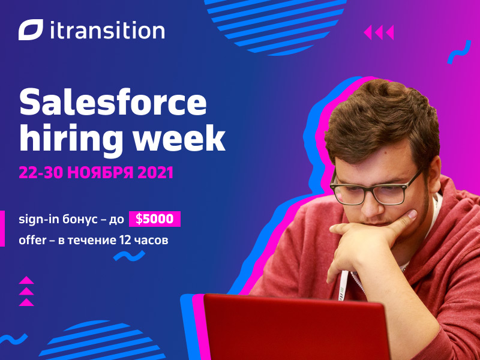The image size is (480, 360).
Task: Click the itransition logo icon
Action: [31, 29]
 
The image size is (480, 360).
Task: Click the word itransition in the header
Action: [107, 30]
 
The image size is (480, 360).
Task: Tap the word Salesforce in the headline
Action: [113, 102]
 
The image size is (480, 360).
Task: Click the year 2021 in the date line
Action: [155, 172]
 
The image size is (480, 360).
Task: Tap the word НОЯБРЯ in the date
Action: [100, 172]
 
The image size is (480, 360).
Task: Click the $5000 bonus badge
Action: [155, 219]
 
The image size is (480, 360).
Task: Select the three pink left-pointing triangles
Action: [379, 32]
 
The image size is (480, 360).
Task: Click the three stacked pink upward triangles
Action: [26, 291]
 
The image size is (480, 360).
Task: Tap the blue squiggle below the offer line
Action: [129, 256]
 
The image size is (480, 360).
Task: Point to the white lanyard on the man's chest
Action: [344, 285]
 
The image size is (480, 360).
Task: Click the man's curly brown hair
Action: [383, 119]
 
